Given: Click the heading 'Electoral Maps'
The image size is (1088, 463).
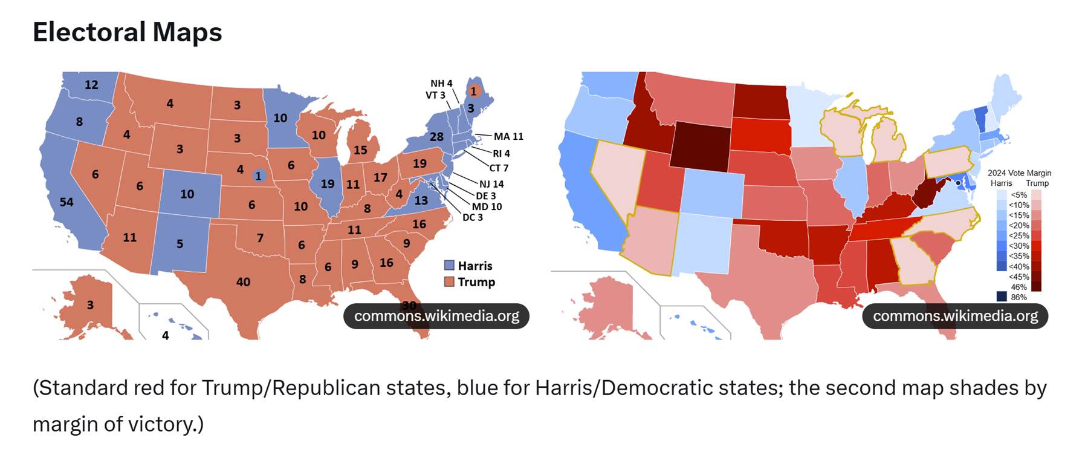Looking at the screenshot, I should [127, 32].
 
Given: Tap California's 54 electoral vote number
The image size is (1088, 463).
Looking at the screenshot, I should [66, 202].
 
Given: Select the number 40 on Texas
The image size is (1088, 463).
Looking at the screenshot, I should [243, 282].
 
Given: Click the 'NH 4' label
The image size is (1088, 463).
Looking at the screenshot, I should [441, 84].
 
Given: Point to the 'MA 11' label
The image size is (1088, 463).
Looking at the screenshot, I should [508, 137].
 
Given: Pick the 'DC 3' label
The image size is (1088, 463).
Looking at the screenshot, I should [473, 217].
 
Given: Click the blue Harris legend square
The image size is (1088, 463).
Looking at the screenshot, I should [449, 266].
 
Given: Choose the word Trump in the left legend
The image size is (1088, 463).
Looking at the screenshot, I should [476, 282].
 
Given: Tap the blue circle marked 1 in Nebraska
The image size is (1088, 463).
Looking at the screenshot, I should [258, 176].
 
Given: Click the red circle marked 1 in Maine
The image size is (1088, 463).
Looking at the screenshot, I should [473, 91].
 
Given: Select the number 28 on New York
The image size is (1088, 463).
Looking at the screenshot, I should [436, 137].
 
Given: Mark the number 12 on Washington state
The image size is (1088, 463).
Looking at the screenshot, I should [91, 85].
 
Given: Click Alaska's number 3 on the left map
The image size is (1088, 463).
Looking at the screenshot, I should [90, 305].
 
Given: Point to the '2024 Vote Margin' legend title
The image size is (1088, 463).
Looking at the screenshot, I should [1019, 173].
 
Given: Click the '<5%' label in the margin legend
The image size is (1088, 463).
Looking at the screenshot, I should [1018, 195].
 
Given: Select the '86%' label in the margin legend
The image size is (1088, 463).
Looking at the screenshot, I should [1018, 297].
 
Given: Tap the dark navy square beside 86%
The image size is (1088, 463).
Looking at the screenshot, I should [1002, 297].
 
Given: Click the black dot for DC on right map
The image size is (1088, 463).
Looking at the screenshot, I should [957, 183].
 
